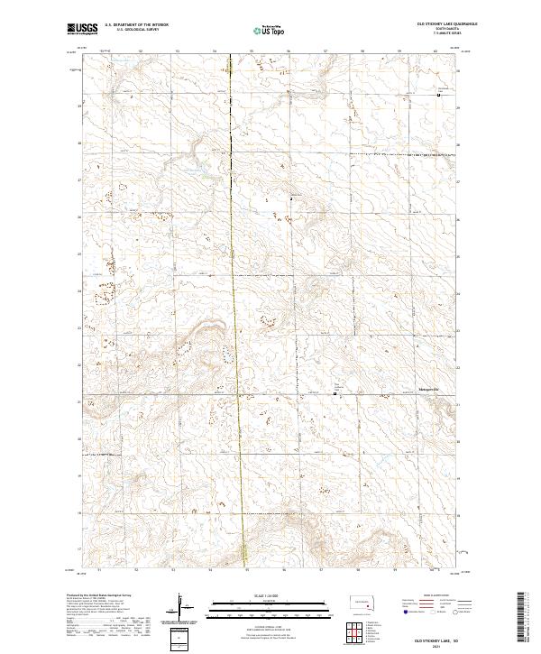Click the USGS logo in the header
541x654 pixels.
click(83, 30)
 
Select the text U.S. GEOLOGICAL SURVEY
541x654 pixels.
click(137, 30)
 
